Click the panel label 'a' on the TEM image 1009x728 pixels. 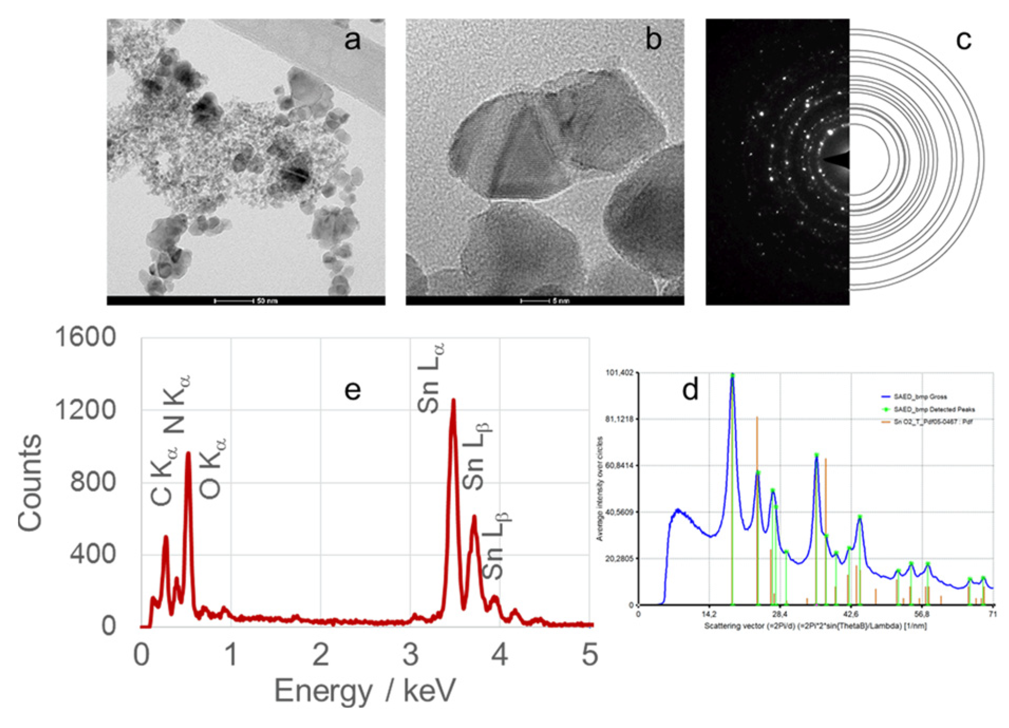(x=353, y=40)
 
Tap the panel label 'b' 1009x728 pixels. (x=653, y=40)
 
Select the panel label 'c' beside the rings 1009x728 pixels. (x=964, y=40)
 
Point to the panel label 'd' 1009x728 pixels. (x=690, y=390)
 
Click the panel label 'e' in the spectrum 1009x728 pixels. (x=353, y=391)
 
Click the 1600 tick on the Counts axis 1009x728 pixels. (x=85, y=337)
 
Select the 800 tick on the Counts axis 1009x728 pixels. (x=93, y=482)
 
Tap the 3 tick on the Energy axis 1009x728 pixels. (x=411, y=655)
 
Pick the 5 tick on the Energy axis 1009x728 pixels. (x=589, y=655)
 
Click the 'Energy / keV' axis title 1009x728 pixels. (x=365, y=691)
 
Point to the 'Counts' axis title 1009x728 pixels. (x=30, y=482)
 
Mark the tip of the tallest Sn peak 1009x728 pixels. (x=453, y=401)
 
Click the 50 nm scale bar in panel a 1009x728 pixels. (x=234, y=301)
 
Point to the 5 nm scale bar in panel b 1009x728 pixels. (x=535, y=301)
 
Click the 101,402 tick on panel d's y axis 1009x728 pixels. (x=619, y=373)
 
